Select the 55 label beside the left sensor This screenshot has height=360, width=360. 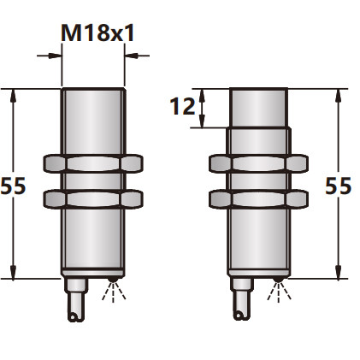click(x=13, y=186)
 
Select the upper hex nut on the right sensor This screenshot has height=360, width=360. click(x=258, y=162)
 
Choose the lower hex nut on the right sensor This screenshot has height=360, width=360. click(x=258, y=198)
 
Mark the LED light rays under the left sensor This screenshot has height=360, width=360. click(x=112, y=293)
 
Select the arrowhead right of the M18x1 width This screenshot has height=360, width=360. click(x=130, y=56)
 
